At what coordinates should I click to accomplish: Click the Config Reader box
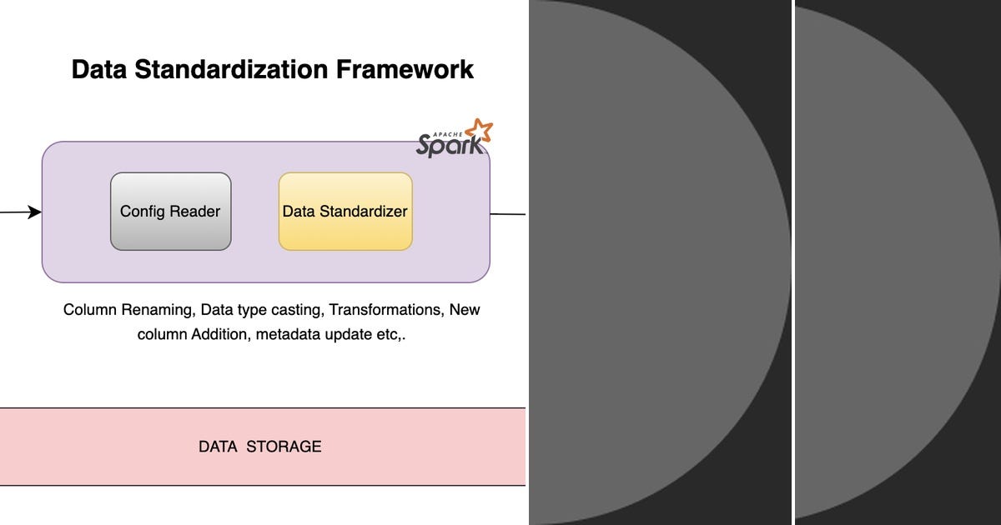[x=170, y=212]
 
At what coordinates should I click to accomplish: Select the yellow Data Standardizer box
[x=345, y=212]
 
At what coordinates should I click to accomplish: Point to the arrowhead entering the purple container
[x=35, y=212]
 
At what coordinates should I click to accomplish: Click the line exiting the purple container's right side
[x=507, y=214]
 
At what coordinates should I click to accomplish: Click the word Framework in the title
[x=405, y=69]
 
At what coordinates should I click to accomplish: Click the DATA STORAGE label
[x=259, y=447]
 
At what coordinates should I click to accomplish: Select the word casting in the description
[x=296, y=310]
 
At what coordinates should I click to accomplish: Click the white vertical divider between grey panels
[x=792, y=262]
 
